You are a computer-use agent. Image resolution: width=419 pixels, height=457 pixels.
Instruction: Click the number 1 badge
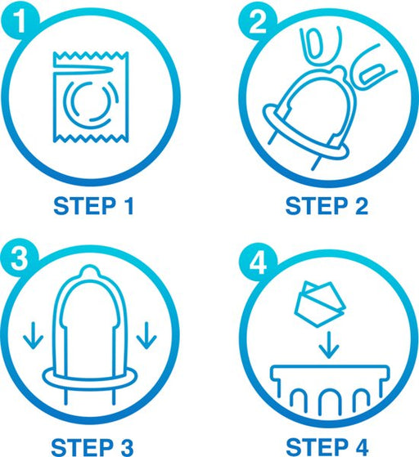[x=20, y=21]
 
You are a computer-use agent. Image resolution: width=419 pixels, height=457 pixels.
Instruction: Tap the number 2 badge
[x=257, y=21]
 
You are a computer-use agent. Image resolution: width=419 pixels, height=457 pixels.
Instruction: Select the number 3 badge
[x=20, y=258]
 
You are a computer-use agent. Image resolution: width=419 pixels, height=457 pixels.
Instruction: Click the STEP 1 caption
[x=93, y=206]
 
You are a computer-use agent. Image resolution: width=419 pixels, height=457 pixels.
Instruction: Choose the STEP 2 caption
[x=327, y=206]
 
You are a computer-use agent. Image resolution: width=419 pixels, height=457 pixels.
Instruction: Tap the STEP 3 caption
[x=92, y=447]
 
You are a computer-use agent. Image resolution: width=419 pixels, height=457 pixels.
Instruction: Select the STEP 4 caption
[x=327, y=447]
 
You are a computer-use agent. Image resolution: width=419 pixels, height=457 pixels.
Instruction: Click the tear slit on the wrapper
[x=84, y=69]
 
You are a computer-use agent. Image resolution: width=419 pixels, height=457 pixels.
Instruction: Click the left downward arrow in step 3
[x=34, y=335]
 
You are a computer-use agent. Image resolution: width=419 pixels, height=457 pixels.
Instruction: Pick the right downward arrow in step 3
[x=146, y=335]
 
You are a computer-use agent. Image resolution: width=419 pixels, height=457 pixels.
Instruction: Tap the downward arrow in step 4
[x=329, y=345]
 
